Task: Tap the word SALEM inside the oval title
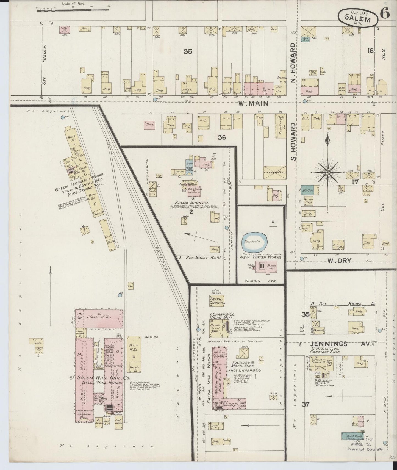(x=357, y=19)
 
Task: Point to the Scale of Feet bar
(x=73, y=11)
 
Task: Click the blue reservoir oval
(x=256, y=241)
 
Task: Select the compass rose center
(x=327, y=172)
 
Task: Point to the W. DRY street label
(x=339, y=261)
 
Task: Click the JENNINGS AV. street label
(x=341, y=344)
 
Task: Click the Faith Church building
(x=217, y=301)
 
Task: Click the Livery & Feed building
(x=275, y=172)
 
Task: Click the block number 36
(x=222, y=137)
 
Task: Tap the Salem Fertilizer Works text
(x=79, y=182)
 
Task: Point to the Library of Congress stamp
(x=363, y=449)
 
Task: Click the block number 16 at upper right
(x=371, y=51)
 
